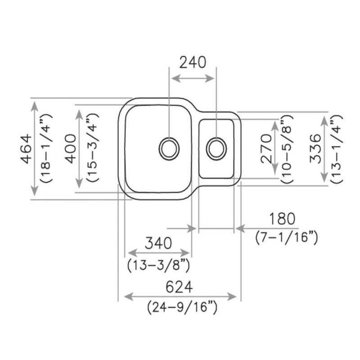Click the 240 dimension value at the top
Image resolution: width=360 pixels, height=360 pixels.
193,62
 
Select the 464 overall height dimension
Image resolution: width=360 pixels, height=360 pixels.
27,149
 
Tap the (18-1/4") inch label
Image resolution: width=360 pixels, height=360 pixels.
46,149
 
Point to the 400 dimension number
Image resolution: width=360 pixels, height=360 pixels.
71,149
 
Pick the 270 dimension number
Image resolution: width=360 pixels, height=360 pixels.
265,149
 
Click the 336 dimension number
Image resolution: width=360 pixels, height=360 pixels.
315,149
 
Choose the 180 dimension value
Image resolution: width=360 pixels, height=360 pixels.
283,219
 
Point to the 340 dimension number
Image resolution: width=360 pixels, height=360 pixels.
158,243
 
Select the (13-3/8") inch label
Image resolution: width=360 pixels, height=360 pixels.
158,265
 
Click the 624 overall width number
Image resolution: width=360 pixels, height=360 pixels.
179,287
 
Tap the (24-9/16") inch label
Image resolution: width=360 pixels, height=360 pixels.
182,308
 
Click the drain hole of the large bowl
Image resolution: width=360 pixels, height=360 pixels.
169,148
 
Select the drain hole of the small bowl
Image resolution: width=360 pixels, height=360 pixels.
217,148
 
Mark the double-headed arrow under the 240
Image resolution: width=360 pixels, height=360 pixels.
193,78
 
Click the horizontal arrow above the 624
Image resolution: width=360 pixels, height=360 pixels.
180,297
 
